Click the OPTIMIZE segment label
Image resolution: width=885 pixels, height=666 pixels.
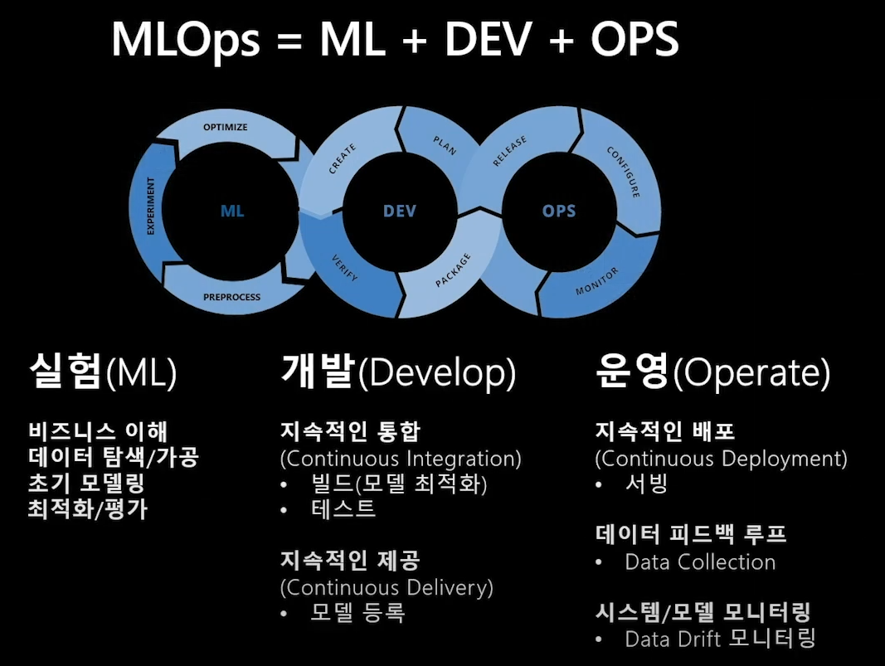[x=226, y=127]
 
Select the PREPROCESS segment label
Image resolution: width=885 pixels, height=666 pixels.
[x=231, y=297]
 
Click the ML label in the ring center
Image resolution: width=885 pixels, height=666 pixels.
[x=232, y=211]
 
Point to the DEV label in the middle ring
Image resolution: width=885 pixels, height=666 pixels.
[x=399, y=211]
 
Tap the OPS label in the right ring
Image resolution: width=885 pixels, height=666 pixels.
[x=558, y=211]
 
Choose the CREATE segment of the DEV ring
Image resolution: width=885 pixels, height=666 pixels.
[x=343, y=159]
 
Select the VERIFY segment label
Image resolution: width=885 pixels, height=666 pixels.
[x=344, y=267]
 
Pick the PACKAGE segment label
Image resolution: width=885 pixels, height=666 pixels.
[x=453, y=271]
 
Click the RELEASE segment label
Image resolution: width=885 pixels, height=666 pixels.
[x=509, y=152]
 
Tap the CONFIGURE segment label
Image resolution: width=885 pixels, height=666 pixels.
[x=623, y=172]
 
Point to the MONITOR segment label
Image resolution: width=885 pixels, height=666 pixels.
[x=597, y=281]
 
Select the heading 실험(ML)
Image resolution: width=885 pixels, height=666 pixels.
[x=103, y=374]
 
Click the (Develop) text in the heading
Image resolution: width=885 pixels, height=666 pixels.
[x=436, y=374]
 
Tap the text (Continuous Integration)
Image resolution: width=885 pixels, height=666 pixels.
[x=401, y=458]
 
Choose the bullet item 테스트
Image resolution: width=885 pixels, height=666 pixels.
[x=343, y=508]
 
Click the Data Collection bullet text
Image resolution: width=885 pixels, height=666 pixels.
[x=700, y=561]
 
